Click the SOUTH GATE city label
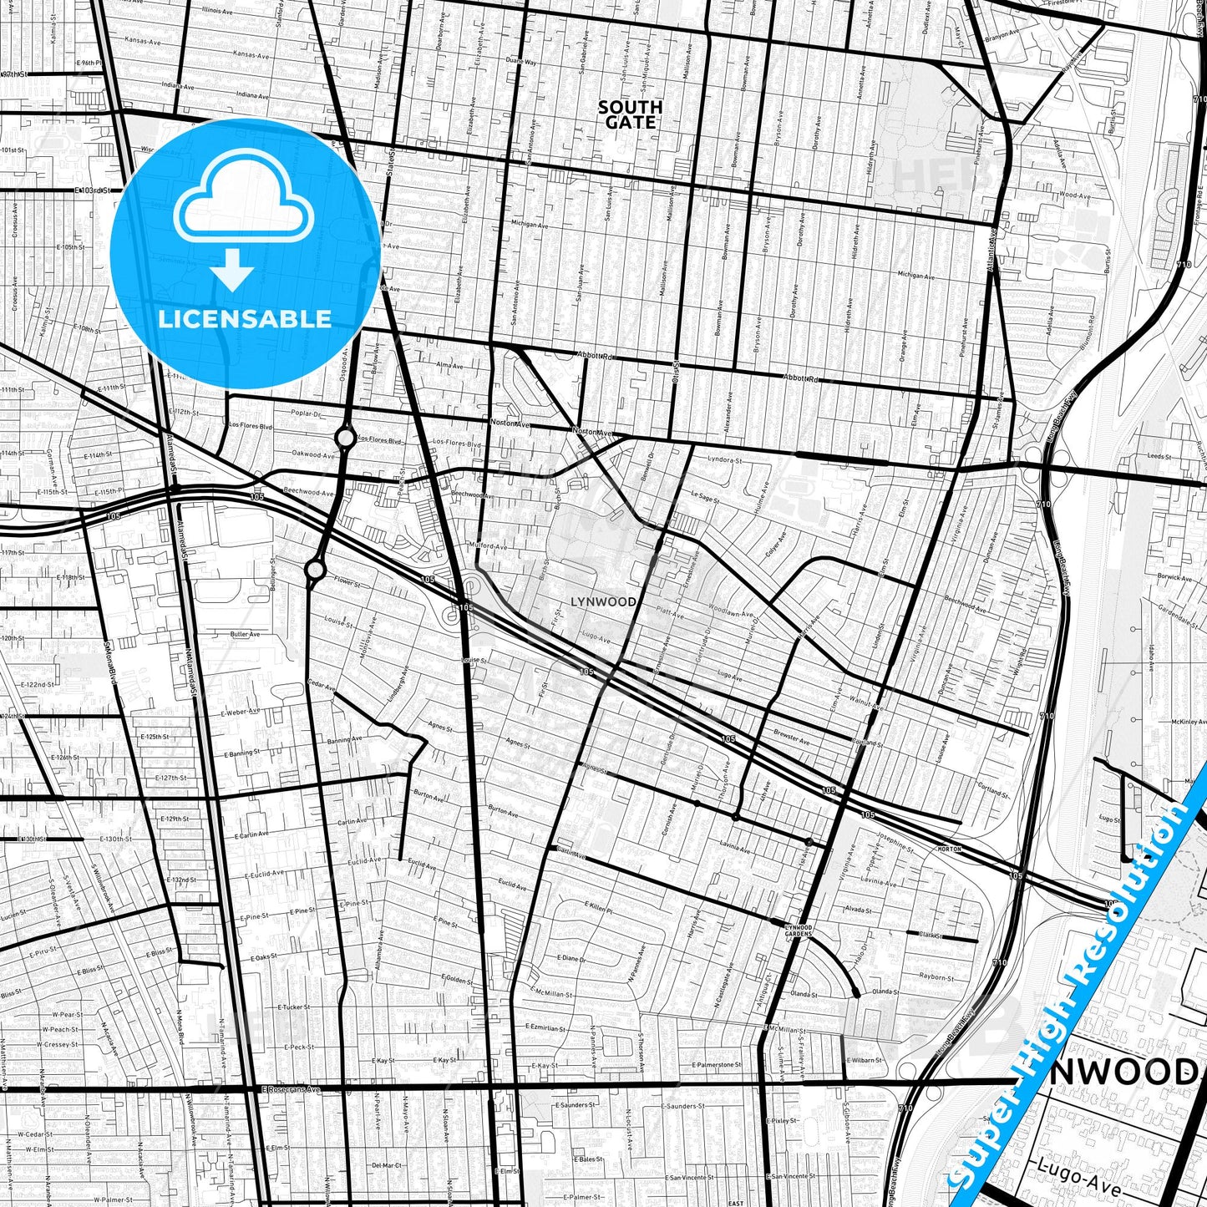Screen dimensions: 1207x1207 (x=631, y=114)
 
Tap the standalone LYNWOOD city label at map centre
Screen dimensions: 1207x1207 (x=603, y=601)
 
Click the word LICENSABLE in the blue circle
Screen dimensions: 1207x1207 (x=245, y=318)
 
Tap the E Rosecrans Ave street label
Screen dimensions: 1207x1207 (x=290, y=1089)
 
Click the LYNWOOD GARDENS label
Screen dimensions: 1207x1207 (x=799, y=930)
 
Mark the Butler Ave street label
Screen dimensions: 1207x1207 (x=245, y=635)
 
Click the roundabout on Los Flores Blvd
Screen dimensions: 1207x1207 (x=345, y=437)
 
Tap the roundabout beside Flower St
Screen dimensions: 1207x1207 (x=315, y=570)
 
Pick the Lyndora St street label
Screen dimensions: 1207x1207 (x=724, y=460)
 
